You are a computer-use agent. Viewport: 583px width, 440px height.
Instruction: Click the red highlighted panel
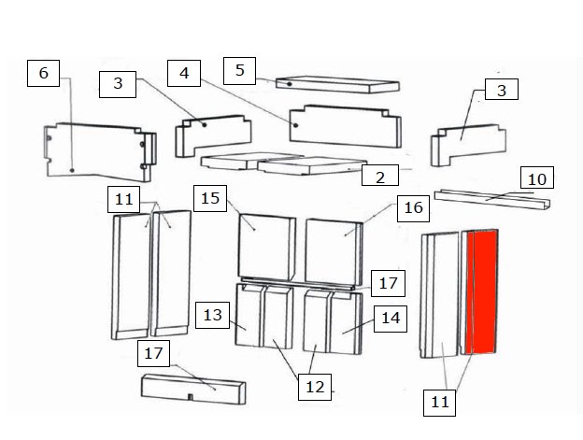(481, 291)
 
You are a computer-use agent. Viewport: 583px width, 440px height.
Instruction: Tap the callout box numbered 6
(44, 73)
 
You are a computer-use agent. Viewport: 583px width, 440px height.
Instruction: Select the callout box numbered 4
(184, 73)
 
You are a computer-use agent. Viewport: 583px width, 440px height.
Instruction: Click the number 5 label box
(239, 71)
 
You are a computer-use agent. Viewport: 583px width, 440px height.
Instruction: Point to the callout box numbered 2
(380, 175)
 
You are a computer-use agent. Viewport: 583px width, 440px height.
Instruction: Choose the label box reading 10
(537, 177)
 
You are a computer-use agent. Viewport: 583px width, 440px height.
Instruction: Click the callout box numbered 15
(210, 198)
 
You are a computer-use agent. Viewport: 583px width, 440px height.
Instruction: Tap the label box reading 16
(414, 208)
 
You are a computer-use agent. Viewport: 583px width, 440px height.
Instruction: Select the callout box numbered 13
(212, 315)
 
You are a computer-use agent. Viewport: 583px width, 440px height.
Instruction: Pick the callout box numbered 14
(391, 319)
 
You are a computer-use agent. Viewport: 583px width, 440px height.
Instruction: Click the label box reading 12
(315, 387)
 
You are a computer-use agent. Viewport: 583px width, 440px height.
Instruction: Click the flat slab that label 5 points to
(337, 84)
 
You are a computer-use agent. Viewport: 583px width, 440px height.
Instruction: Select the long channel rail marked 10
(492, 200)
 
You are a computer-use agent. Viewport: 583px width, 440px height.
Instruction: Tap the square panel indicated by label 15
(266, 248)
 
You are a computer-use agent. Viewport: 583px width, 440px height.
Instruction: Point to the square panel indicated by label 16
(334, 252)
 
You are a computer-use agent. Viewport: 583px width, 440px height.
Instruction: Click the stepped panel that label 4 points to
(346, 126)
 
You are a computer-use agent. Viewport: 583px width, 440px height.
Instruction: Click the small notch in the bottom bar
(190, 397)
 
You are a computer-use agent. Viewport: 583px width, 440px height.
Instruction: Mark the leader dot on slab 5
(289, 84)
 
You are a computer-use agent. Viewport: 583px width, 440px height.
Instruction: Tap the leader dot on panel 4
(295, 125)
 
